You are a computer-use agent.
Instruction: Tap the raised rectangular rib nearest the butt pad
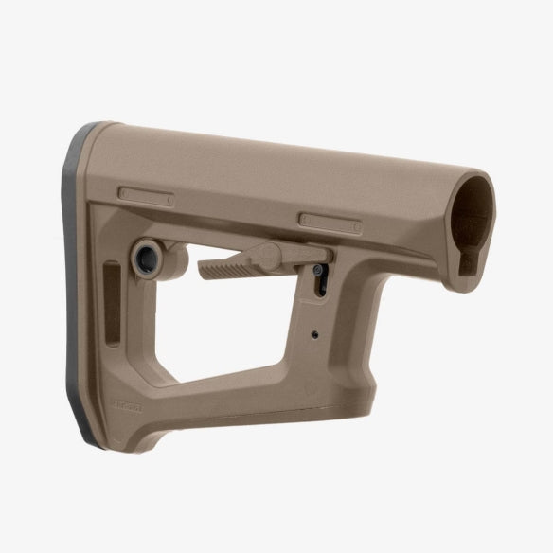click(145, 196)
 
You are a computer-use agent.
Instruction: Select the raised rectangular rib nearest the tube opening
click(330, 223)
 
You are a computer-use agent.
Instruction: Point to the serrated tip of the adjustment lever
click(217, 267)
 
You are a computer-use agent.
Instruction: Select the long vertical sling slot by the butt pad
click(112, 305)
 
